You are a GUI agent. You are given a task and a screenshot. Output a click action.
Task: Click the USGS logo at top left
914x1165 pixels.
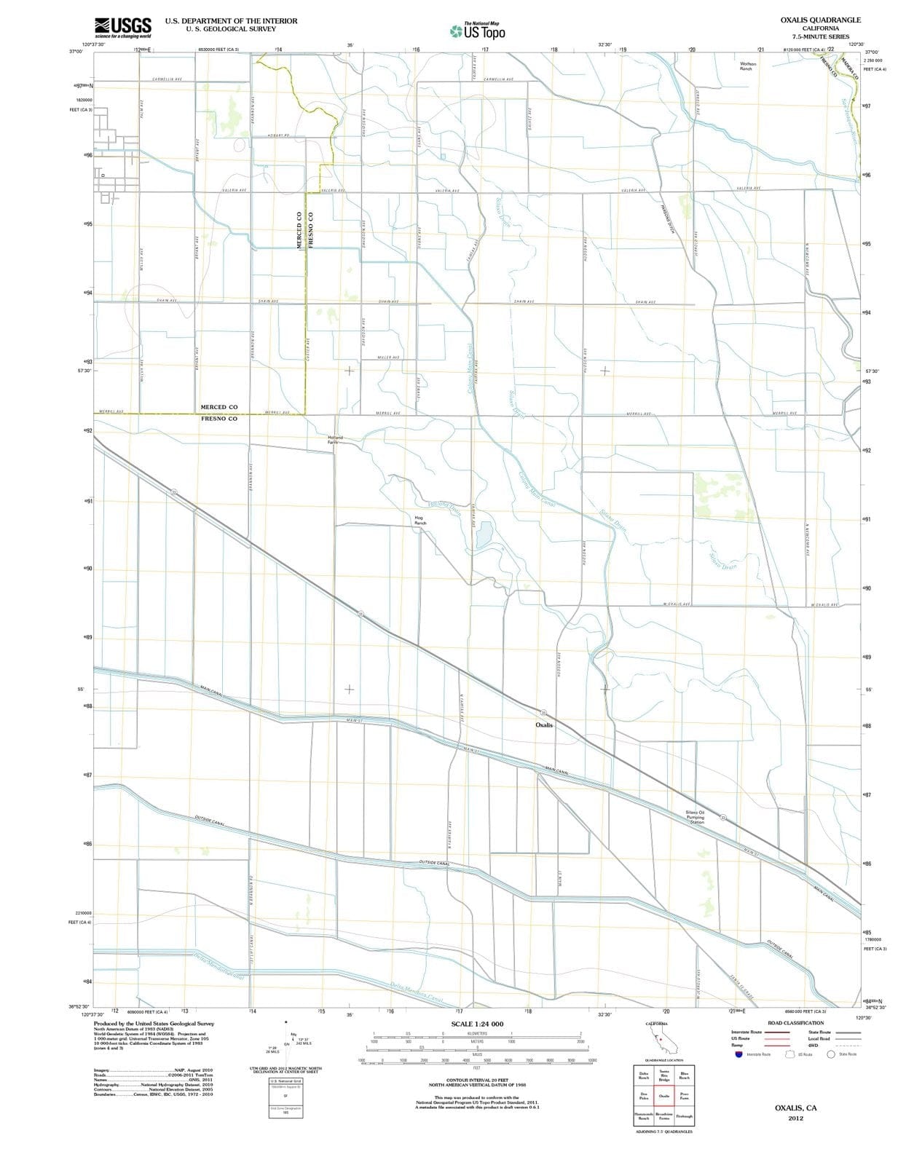click(123, 28)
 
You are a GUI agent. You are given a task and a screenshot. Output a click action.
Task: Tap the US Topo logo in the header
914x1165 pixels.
click(476, 31)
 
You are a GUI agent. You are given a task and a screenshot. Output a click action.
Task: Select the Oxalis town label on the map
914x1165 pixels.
click(544, 725)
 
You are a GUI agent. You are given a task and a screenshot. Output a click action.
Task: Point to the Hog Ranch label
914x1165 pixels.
click(419, 520)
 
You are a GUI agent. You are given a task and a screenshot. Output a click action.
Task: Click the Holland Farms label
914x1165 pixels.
click(334, 440)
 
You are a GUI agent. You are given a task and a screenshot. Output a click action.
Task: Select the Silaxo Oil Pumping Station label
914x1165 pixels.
click(695, 817)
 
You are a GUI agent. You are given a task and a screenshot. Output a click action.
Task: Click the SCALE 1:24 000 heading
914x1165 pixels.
click(476, 1024)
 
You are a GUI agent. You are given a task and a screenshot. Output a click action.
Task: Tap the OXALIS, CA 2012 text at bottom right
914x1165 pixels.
click(795, 1112)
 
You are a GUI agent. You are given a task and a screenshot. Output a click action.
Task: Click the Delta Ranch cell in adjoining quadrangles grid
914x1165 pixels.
click(644, 1075)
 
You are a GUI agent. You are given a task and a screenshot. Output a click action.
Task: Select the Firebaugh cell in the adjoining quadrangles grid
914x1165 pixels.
click(684, 1116)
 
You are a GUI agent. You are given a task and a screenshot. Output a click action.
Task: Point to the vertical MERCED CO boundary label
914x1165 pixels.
click(299, 230)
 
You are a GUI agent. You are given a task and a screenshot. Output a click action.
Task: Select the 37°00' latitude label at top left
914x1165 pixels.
click(76, 52)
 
